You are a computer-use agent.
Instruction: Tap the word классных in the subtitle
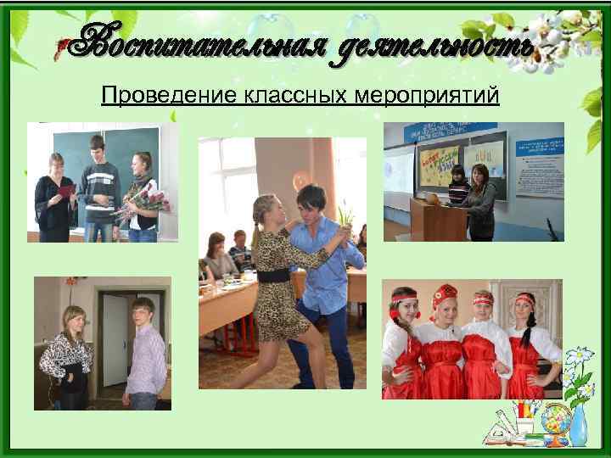click(x=277, y=94)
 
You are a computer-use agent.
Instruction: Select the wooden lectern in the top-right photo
click(x=437, y=219)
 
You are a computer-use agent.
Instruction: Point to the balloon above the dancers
click(x=302, y=181)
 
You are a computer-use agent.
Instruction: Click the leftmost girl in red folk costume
click(x=405, y=348)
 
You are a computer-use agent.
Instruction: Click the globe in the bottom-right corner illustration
click(x=555, y=422)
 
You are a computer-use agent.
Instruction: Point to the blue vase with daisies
click(x=579, y=421)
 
